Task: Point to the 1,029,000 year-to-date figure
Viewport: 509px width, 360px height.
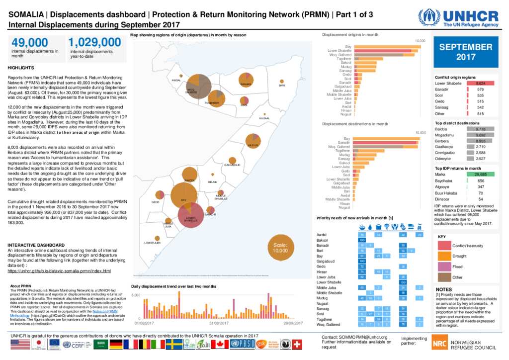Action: point(94,42)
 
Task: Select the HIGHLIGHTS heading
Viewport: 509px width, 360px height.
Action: point(21,67)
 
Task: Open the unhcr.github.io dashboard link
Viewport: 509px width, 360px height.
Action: point(59,271)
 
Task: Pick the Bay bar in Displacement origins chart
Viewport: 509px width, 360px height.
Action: point(387,47)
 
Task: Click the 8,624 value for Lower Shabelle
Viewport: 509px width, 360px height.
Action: point(481,84)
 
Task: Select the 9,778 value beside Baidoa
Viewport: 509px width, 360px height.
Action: point(481,129)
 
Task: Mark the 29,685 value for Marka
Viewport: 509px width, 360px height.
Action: point(481,175)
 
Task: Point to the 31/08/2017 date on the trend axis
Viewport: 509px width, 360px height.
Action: point(218,323)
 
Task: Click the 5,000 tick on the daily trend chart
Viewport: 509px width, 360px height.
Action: point(136,295)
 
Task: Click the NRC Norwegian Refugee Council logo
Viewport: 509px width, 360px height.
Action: point(464,343)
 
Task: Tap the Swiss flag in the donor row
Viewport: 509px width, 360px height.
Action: point(297,344)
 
